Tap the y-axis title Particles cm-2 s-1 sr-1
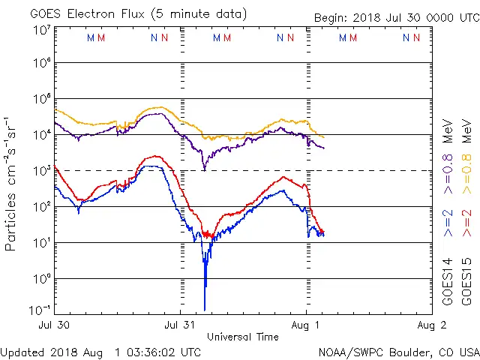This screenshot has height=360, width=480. pos(11,183)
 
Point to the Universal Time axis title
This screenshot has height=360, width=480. pos(242,337)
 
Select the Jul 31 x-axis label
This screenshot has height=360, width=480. pos(179,325)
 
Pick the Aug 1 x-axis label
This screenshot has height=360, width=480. pos(305,325)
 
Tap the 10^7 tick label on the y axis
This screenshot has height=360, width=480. pos(40,30)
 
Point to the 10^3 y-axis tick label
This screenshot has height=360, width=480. pos(40,170)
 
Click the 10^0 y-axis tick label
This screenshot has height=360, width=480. pos(40,278)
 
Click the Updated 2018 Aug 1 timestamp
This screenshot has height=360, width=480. pos(100,352)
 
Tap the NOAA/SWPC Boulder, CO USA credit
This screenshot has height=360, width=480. pos(399,352)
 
